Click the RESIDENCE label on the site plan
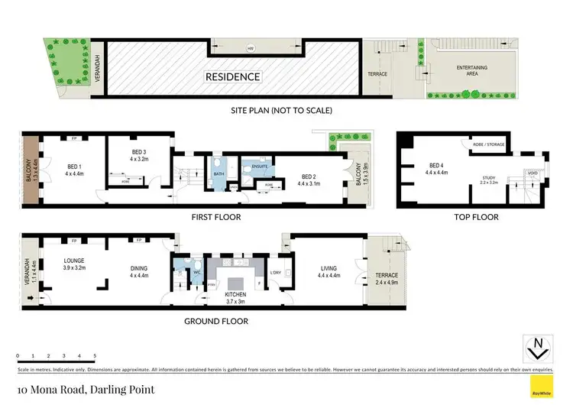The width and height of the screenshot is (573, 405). [x=232, y=76]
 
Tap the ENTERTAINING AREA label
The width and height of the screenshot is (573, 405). [x=472, y=71]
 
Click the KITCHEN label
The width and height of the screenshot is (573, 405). [x=235, y=293]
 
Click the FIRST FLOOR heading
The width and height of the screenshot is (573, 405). [x=217, y=218]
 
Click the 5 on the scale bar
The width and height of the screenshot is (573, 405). [x=95, y=355]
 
